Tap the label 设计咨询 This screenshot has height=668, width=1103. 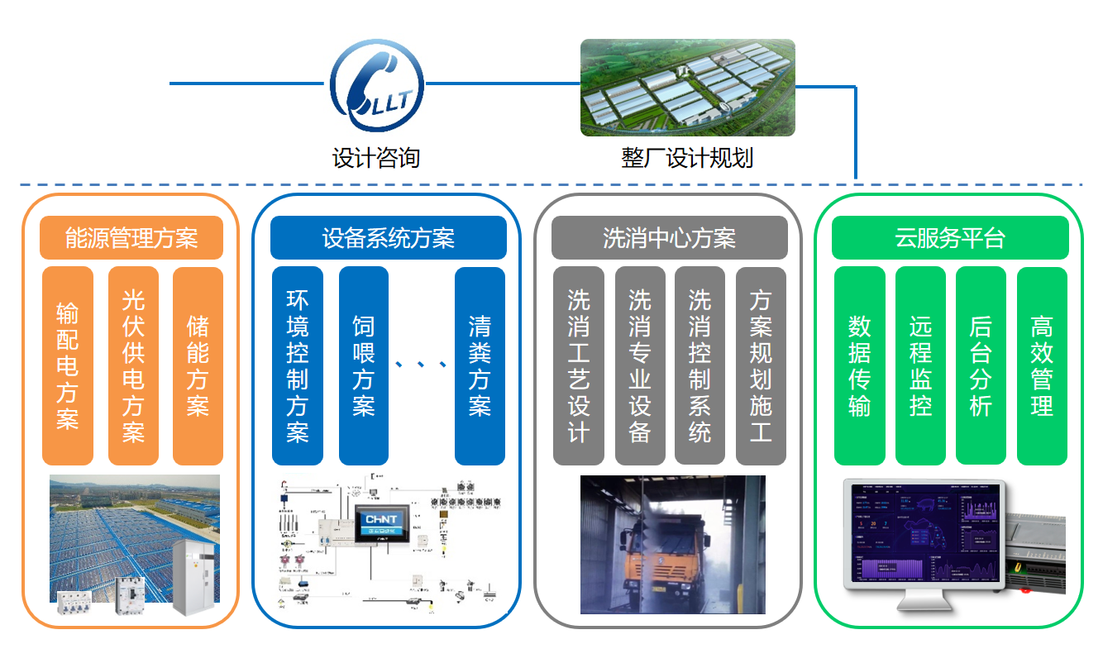click(376, 157)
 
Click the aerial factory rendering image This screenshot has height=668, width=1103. click(687, 88)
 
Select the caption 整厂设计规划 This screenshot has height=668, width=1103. click(687, 157)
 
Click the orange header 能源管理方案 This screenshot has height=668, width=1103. click(131, 238)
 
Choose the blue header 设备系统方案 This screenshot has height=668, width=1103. click(388, 238)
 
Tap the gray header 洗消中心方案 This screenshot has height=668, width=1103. click(669, 238)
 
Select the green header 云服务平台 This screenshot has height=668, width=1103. click(950, 238)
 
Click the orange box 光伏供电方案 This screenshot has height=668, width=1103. click(133, 365)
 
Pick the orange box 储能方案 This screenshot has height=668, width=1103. click(198, 365)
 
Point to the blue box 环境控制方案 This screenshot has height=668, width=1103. click(297, 365)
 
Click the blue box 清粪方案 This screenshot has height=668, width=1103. click(480, 365)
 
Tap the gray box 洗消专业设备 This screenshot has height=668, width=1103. click(640, 365)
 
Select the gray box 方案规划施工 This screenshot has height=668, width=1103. click(761, 365)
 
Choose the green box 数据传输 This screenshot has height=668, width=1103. click(859, 365)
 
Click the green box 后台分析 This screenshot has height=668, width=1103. click(981, 365)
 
